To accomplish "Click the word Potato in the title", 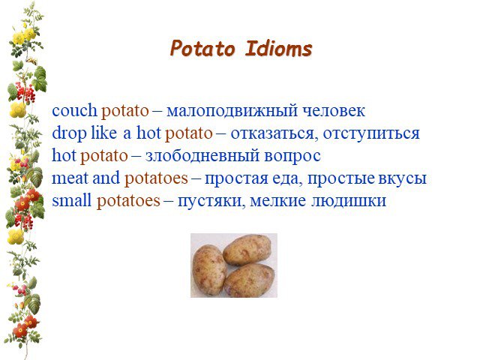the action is click(x=202, y=49).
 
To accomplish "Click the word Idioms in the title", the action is click(x=278, y=49).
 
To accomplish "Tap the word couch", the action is click(x=74, y=110).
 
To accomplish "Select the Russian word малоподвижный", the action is click(x=232, y=111).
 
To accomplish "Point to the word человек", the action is click(x=334, y=111).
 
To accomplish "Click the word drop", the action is click(x=69, y=133).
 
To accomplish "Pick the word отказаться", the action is click(x=271, y=133).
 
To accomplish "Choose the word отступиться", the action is click(x=371, y=133).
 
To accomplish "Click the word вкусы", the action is click(x=402, y=179).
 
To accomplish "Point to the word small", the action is click(x=72, y=200).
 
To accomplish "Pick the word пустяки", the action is click(x=211, y=201).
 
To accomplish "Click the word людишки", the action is click(x=349, y=201).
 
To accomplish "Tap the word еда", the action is click(x=286, y=178).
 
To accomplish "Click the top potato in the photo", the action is click(x=247, y=250).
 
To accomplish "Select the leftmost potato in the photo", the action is click(x=209, y=270).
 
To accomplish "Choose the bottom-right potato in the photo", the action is click(x=249, y=280).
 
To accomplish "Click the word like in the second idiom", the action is click(x=103, y=133).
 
